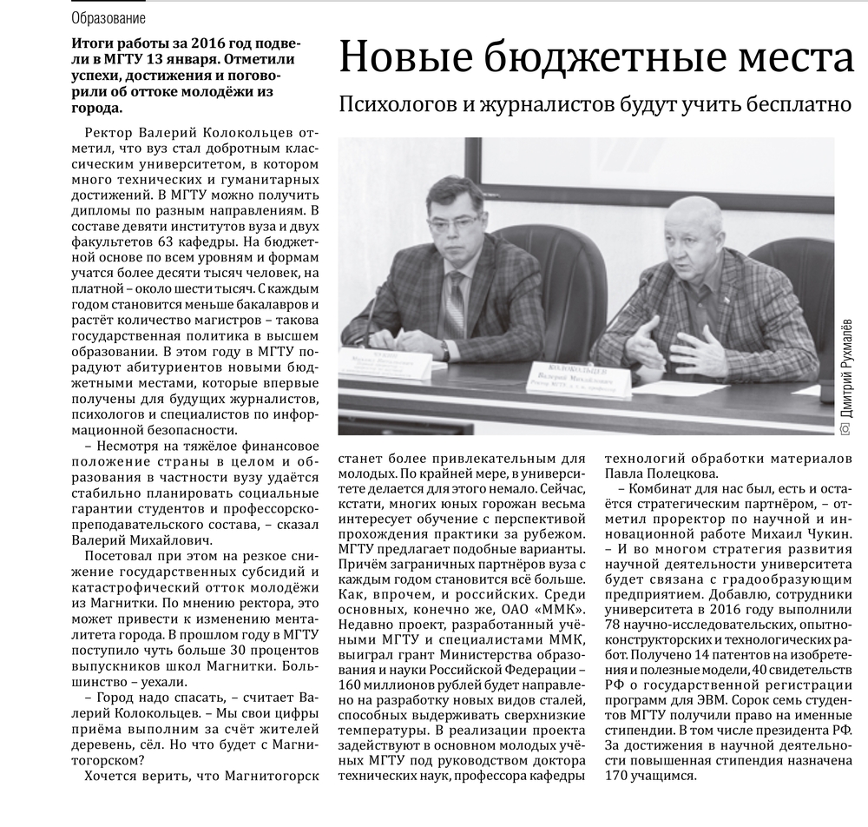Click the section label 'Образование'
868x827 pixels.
(x=108, y=18)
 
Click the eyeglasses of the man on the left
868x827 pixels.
(x=454, y=222)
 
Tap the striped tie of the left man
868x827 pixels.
(x=455, y=304)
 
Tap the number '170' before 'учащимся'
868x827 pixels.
(x=617, y=776)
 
